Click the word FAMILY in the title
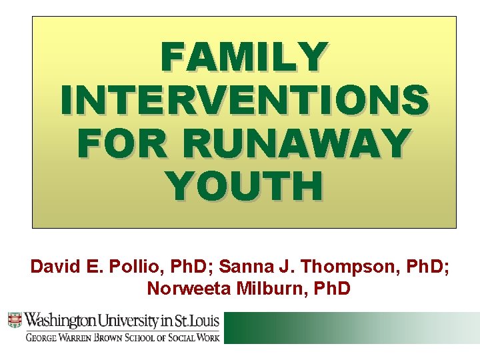(x=244, y=57)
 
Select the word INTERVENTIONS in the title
(x=244, y=100)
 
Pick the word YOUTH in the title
(x=244, y=186)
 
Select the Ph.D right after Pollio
(x=179, y=267)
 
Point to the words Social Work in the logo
(x=193, y=337)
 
